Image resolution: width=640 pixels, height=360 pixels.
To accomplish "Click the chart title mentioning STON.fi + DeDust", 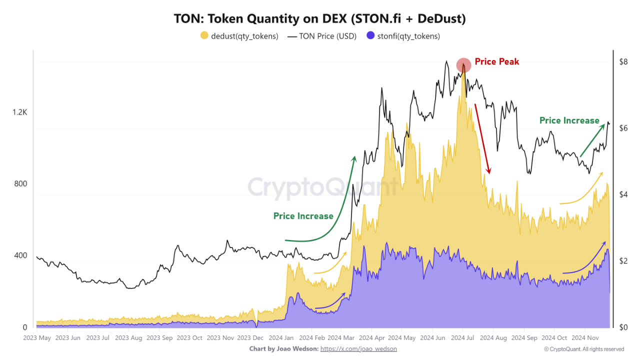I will click(x=320, y=18).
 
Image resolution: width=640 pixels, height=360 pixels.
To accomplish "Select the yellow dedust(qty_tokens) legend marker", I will click(x=204, y=36).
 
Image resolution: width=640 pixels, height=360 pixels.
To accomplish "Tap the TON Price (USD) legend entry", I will click(x=322, y=36).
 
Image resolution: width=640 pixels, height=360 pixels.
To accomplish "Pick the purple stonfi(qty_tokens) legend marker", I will click(x=370, y=36).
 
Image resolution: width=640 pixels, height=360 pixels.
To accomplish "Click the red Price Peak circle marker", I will click(x=463, y=65).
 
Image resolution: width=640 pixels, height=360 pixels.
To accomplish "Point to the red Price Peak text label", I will click(x=496, y=61).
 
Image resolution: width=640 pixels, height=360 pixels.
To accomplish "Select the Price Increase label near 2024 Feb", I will click(x=303, y=216).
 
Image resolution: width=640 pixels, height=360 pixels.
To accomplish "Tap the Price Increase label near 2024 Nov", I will click(x=569, y=120).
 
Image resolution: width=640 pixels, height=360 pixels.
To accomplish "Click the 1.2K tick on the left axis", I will click(x=20, y=112).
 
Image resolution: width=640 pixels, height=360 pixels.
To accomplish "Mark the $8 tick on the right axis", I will click(x=623, y=62).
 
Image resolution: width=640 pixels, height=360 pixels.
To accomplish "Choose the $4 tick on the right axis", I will click(x=623, y=194).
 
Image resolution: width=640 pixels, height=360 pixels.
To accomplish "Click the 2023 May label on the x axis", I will click(x=37, y=338).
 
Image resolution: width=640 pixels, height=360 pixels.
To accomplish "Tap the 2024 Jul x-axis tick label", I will click(x=462, y=338).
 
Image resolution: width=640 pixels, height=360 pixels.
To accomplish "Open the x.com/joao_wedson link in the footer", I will click(x=358, y=348).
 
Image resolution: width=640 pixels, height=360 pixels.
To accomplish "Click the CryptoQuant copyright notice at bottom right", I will click(x=584, y=349).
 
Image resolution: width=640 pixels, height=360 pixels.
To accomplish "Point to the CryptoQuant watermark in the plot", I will click(x=322, y=187).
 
